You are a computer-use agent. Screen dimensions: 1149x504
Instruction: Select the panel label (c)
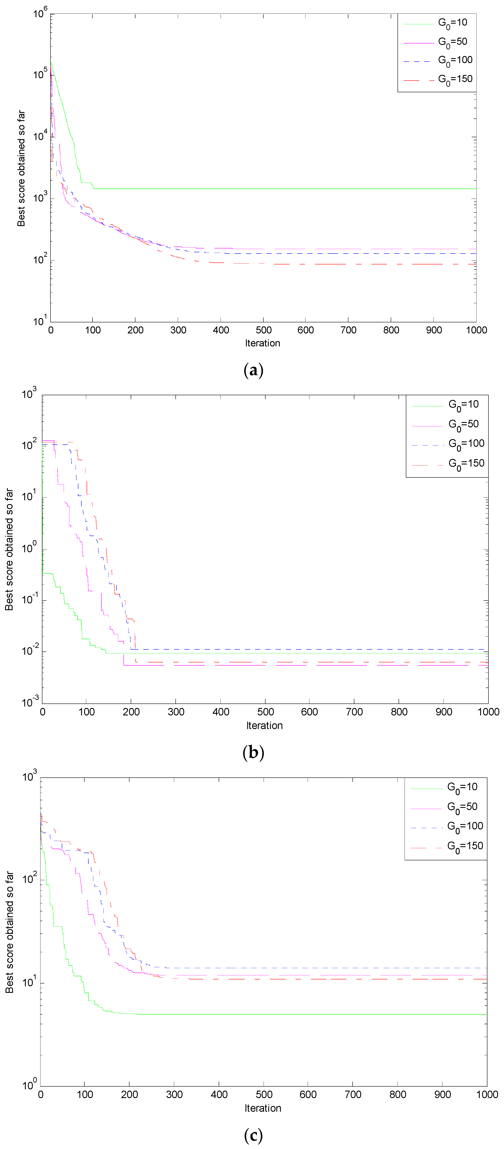coord(253,1135)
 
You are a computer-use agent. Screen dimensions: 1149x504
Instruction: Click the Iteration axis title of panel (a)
coord(263,343)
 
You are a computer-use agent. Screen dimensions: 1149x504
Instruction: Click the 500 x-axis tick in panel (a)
coord(263,330)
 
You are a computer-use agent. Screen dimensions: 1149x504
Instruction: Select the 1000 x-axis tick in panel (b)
coord(488,712)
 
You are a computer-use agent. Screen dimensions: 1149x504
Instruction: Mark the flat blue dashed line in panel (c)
coord(312,968)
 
